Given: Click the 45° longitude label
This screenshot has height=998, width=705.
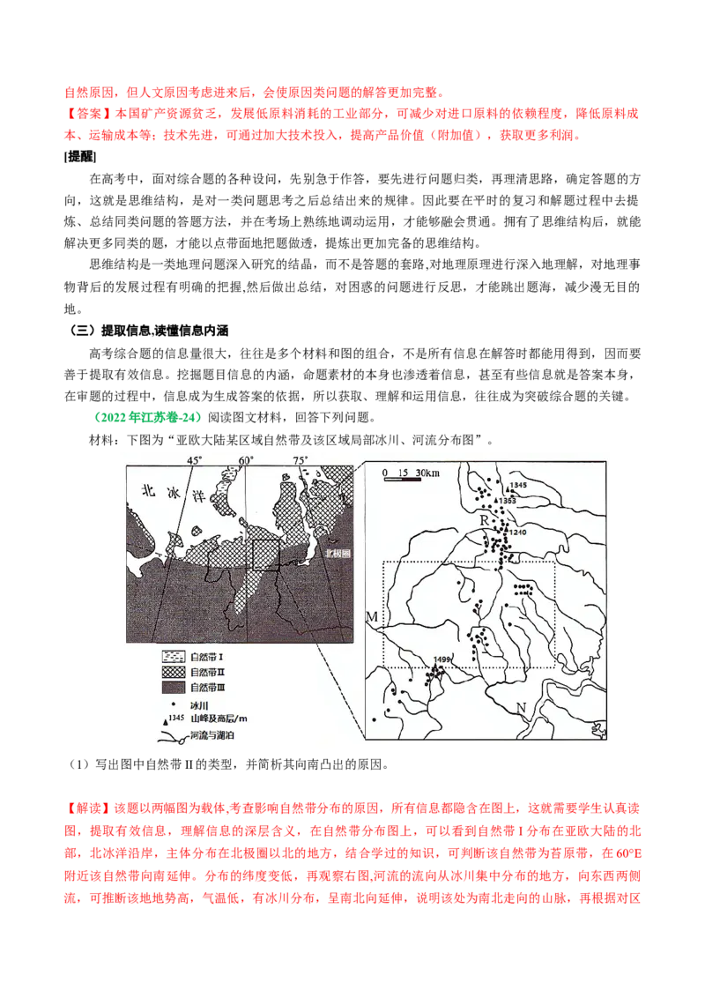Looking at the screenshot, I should click(194, 460).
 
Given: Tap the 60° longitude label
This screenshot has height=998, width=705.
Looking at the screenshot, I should click(246, 460).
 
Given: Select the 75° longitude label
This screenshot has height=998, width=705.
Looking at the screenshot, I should click(299, 460).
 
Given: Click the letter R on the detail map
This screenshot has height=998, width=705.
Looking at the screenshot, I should click(484, 521).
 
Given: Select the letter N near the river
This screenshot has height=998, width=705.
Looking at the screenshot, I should click(521, 708).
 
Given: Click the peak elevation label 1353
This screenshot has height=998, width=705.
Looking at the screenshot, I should click(507, 501).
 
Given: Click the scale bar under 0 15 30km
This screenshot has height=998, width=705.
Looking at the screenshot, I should click(405, 481).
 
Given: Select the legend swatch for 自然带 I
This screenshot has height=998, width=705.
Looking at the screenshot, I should click(172, 658).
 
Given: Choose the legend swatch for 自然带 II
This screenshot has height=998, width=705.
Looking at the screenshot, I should click(172, 672).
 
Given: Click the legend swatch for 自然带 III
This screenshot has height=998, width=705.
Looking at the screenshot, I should click(172, 687).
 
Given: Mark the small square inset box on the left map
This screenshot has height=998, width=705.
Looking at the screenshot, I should click(265, 555).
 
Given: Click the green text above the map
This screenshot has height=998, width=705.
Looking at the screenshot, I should click(148, 415).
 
